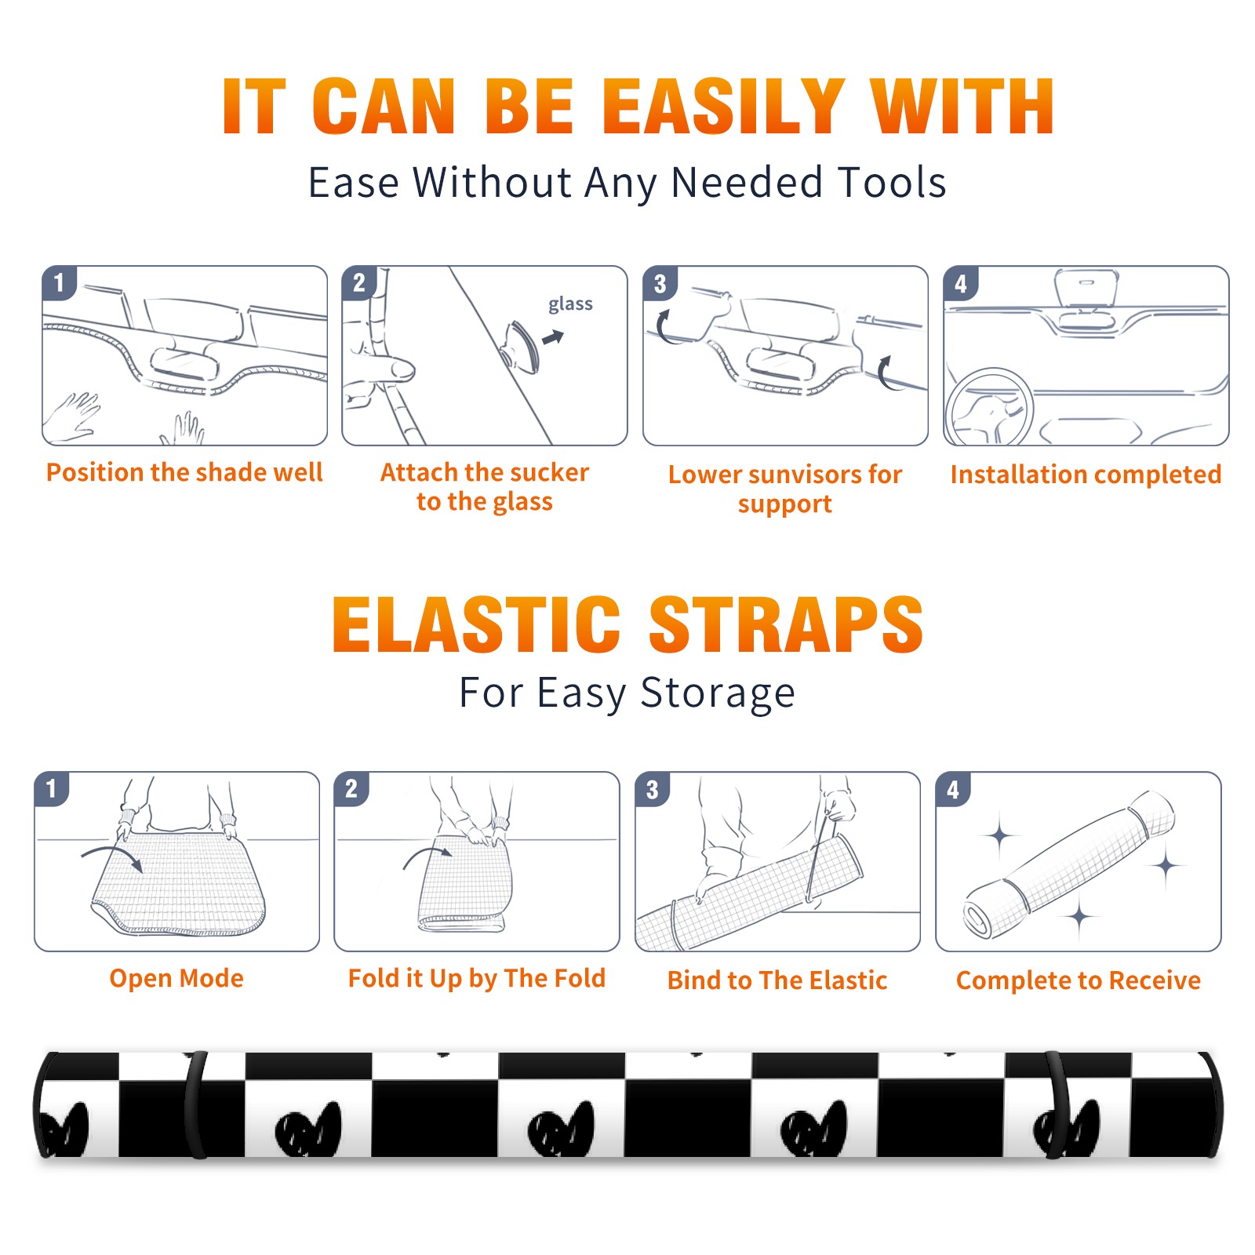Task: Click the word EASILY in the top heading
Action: [723, 107]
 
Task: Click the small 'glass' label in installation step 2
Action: [570, 304]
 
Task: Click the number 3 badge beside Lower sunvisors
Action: [660, 284]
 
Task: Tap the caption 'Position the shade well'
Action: [184, 472]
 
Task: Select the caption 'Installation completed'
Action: [1086, 474]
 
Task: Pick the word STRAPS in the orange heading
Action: [786, 624]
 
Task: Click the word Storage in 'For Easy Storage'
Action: [718, 693]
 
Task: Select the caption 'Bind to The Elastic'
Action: [777, 980]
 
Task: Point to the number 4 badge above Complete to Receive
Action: [953, 790]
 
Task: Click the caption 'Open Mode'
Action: [176, 978]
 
